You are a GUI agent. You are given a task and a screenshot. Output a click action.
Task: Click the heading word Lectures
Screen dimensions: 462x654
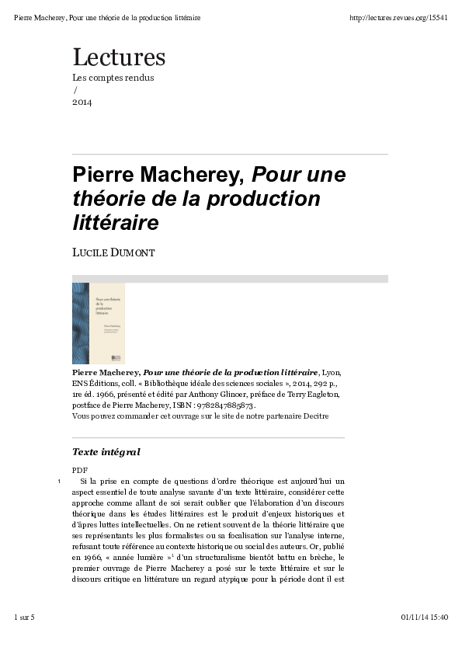(119, 57)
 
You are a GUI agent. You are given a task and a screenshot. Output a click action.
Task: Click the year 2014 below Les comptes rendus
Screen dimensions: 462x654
(82, 102)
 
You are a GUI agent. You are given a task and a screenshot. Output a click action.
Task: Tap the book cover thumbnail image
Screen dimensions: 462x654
(99, 323)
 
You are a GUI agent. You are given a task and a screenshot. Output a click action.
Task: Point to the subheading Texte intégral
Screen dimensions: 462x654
(106, 452)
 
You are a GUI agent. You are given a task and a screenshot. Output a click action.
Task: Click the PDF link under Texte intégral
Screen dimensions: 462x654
(79, 471)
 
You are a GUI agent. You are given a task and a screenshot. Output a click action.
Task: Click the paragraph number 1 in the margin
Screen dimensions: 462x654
(60, 482)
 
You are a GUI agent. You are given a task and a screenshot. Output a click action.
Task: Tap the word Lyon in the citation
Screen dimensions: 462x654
(331, 373)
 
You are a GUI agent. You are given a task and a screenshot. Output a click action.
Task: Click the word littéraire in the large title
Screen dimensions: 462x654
(115, 224)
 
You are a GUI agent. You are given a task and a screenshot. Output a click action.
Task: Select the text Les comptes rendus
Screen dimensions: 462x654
(113, 78)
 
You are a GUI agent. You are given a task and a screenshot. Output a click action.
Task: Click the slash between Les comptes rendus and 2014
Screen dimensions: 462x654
(75, 90)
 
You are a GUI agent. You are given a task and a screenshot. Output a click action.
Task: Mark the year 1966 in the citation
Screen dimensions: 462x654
(100, 395)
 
